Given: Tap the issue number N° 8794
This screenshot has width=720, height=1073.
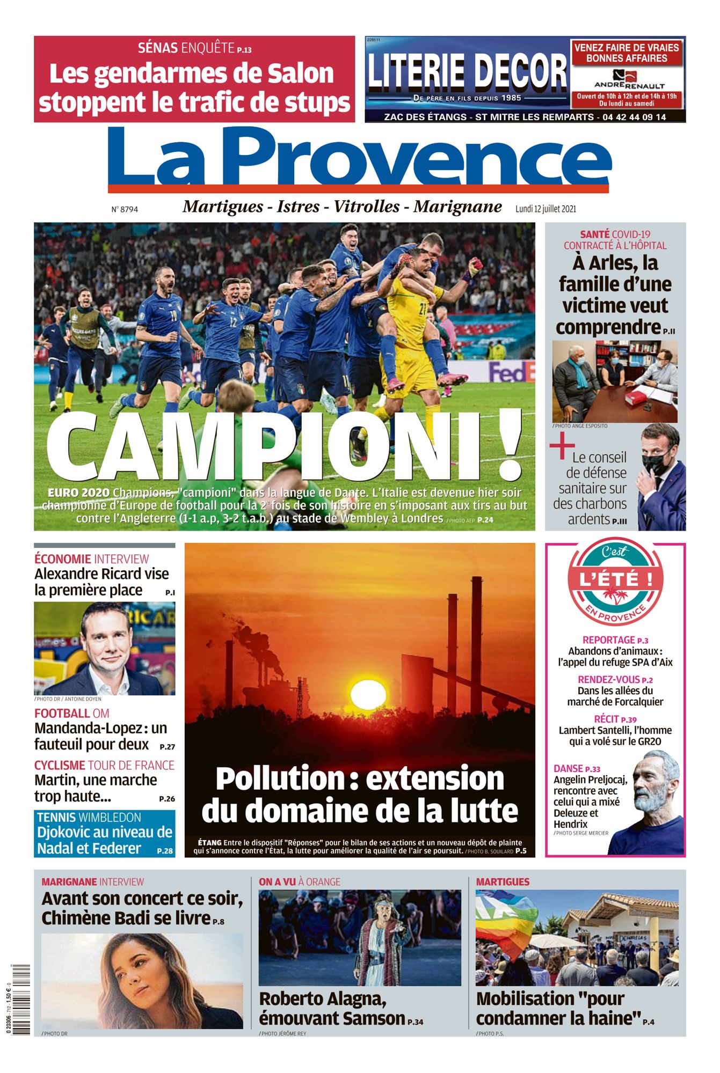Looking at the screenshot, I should point(125,209).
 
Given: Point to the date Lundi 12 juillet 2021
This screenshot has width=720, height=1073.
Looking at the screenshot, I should point(546,209).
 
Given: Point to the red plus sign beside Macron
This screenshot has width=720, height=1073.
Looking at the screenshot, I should point(562,447).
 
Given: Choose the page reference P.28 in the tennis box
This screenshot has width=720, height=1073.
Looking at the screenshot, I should point(165,851).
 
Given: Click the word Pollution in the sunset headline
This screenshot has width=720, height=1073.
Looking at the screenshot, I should point(279,779).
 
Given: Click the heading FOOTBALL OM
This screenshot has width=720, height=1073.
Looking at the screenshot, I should point(72,714).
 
